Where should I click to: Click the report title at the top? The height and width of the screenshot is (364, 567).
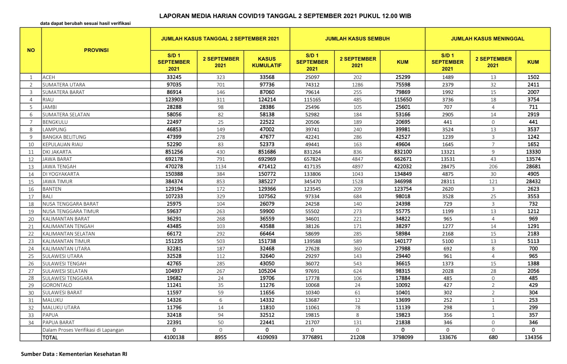tap(285, 16)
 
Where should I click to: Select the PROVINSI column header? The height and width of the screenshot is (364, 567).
tap(96, 50)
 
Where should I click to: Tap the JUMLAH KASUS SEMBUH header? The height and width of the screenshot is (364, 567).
tap(357, 39)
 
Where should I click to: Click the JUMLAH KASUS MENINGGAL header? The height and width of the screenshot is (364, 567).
tap(487, 39)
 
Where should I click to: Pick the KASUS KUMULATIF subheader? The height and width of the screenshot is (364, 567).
tap(267, 62)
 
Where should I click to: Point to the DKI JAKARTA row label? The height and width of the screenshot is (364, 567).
tap(57, 152)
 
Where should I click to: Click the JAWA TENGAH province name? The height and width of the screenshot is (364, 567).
tap(59, 166)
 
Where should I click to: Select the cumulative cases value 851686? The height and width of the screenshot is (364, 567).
tap(267, 152)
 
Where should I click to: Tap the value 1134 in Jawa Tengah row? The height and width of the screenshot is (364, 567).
tap(221, 166)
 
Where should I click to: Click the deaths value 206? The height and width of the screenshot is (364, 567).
tap(493, 166)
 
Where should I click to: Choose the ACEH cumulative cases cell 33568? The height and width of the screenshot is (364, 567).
tap(267, 77)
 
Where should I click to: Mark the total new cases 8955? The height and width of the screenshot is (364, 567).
tap(221, 337)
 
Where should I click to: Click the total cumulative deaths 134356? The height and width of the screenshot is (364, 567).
tap(533, 337)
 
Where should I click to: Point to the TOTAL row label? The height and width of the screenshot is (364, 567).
tap(50, 337)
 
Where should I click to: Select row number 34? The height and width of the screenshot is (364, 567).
tap(31, 323)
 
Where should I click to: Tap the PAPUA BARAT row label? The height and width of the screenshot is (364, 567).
tap(58, 322)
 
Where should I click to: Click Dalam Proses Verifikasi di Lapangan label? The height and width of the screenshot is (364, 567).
tap(83, 330)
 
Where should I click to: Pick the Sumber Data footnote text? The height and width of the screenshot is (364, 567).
tap(74, 354)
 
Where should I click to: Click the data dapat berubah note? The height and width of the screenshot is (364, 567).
tap(85, 23)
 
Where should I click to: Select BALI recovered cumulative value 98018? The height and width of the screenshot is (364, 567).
tap(403, 196)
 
